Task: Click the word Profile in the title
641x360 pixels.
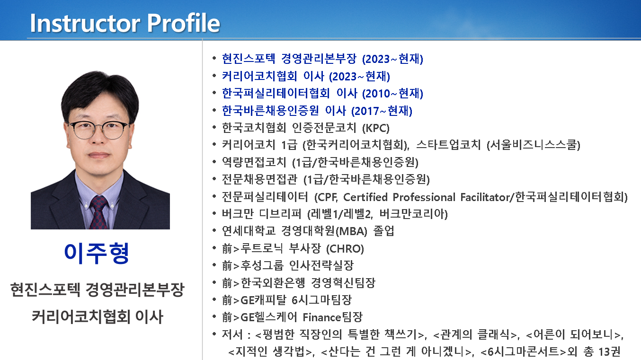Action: [x=183, y=23]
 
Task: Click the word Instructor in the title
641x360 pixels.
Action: [x=85, y=23]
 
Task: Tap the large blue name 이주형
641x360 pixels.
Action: [x=97, y=254]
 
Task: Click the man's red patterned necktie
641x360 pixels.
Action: [x=98, y=212]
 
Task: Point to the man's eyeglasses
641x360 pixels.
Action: [x=98, y=130]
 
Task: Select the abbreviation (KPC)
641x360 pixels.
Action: [x=376, y=128]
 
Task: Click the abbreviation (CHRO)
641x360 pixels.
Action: [x=345, y=249]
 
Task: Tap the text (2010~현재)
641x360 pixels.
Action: [x=392, y=94]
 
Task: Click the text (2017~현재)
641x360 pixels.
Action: [x=382, y=111]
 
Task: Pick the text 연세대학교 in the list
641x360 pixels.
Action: [x=249, y=231]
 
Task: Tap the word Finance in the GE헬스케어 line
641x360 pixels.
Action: [x=322, y=317]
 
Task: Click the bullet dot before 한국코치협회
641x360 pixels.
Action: [x=214, y=128]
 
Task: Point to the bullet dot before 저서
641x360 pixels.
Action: [x=214, y=334]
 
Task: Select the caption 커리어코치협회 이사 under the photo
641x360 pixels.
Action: [x=98, y=317]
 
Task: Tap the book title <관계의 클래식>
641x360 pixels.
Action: [x=476, y=334]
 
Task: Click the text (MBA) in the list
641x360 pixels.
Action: [x=351, y=231]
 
